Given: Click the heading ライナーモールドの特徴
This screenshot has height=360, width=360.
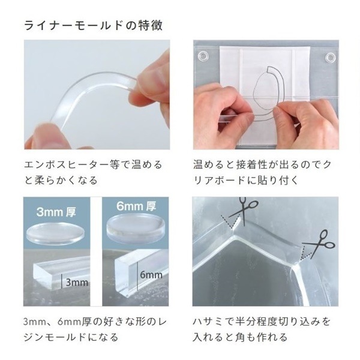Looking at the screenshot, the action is pyautogui.click(x=93, y=25).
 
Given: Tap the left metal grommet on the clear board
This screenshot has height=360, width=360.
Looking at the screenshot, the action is pyautogui.click(x=203, y=55).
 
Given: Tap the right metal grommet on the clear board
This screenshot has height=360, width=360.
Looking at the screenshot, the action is pyautogui.click(x=331, y=58).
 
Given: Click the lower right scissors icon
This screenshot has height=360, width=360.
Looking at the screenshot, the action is pyautogui.click(x=319, y=244).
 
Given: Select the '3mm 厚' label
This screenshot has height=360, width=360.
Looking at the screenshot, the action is pyautogui.click(x=56, y=212).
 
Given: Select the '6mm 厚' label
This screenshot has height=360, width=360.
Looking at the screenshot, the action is pyautogui.click(x=136, y=206).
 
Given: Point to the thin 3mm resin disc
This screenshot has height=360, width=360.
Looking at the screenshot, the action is pyautogui.click(x=55, y=232).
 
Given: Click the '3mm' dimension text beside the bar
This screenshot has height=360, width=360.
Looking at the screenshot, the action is pyautogui.click(x=77, y=283).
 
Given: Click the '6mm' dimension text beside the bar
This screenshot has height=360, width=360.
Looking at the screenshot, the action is pyautogui.click(x=151, y=275).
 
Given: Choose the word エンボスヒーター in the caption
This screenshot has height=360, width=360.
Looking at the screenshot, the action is pyautogui.click(x=62, y=165).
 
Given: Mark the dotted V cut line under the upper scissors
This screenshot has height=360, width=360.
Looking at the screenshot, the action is pyautogui.click(x=230, y=222).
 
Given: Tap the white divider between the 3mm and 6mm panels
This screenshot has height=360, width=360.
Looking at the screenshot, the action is pyautogui.click(x=96, y=251).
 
